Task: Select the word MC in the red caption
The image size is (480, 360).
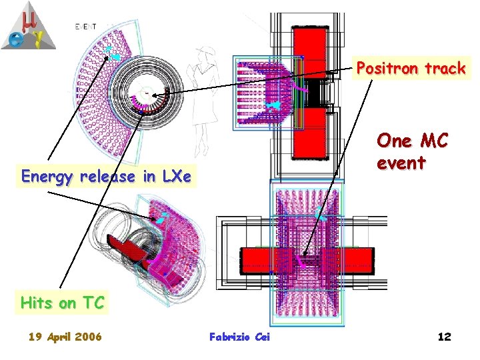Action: (x=431, y=141)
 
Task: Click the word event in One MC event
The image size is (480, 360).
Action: (x=400, y=163)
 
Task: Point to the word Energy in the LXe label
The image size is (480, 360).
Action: (x=46, y=177)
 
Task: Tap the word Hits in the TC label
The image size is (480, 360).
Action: (x=36, y=303)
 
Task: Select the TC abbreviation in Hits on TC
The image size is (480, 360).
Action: (x=93, y=303)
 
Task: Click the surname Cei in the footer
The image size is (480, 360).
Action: (x=262, y=337)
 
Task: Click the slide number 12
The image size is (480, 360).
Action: (x=445, y=337)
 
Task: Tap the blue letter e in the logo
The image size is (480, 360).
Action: (x=13, y=38)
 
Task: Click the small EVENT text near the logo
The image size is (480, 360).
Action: (x=85, y=26)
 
